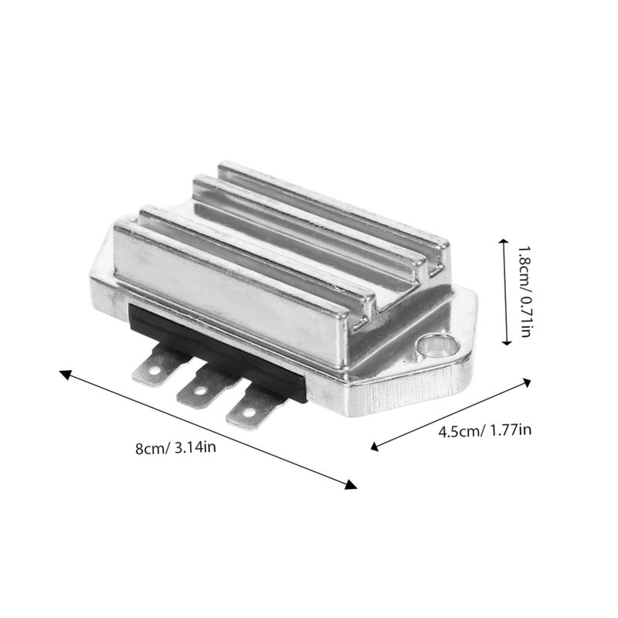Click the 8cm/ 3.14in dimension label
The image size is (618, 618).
(x=175, y=448)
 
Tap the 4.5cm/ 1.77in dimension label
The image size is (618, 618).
(x=485, y=430)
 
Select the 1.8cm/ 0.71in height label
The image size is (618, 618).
(x=525, y=292)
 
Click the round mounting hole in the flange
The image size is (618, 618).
(x=438, y=346)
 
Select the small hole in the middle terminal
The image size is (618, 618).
(x=201, y=391)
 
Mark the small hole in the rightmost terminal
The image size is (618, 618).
(x=250, y=413)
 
